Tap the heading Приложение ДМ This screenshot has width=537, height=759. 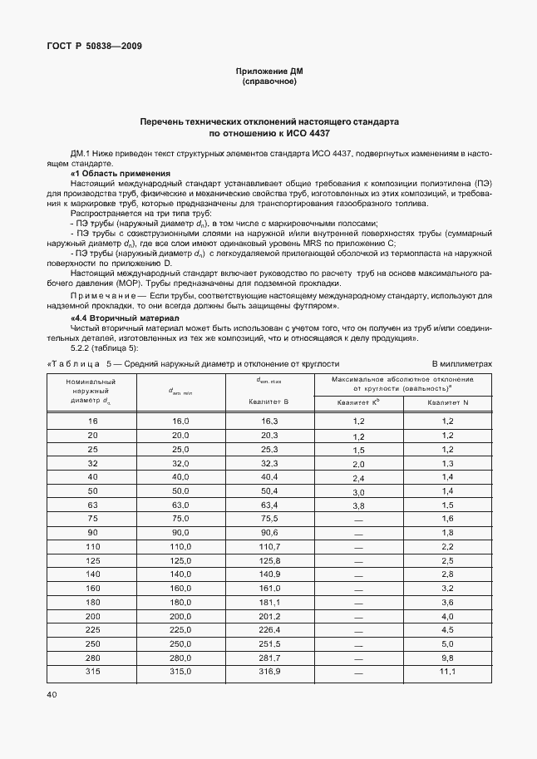pos(268,71)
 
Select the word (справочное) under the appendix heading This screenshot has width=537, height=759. pos(268,82)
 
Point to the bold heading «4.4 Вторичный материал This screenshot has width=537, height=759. pos(119,318)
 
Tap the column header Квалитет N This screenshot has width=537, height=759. pos(448,402)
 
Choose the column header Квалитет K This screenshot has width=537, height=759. pos(358,402)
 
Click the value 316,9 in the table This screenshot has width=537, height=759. pos(268,671)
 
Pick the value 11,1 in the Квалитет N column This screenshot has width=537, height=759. pos(448,671)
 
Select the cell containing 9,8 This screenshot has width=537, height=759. pos(448,657)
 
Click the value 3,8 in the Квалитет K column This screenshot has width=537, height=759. pos(359,505)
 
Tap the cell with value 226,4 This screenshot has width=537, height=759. pos(268,629)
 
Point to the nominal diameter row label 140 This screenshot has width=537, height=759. pos(92,574)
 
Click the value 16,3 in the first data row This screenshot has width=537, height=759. pos(268,421)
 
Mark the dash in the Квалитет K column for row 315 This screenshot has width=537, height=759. pos(359,671)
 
